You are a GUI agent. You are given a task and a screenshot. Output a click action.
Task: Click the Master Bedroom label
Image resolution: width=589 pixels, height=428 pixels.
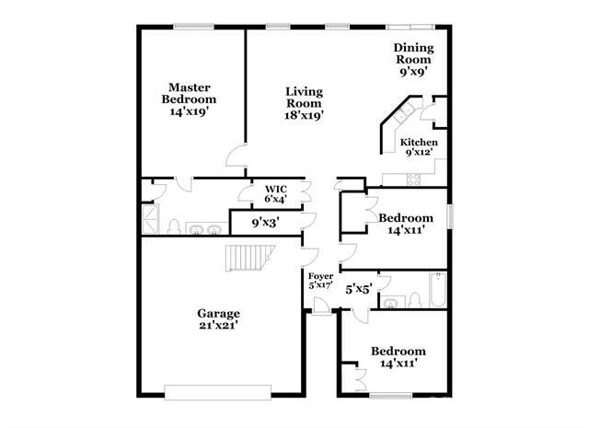189,93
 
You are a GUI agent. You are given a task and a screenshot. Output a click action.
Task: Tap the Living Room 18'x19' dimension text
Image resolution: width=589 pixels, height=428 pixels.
305,115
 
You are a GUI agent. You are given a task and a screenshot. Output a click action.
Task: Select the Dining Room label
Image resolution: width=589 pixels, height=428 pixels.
413,53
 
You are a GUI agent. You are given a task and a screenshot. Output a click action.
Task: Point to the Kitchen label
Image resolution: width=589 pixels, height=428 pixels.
419,143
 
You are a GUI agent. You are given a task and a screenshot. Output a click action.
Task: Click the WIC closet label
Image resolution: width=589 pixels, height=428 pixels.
276,189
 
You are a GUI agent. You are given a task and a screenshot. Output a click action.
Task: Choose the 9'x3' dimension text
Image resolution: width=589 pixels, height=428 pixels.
266,224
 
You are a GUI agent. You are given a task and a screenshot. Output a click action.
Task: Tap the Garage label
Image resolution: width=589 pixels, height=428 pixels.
219,313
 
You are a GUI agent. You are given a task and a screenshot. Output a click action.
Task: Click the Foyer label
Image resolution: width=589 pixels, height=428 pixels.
321,276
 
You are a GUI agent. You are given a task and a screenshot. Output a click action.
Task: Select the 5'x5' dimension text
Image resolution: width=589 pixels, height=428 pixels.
359,289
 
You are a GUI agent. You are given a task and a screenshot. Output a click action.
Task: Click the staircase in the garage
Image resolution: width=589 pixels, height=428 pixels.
249,258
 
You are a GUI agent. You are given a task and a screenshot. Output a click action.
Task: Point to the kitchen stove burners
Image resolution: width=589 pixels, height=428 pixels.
414,179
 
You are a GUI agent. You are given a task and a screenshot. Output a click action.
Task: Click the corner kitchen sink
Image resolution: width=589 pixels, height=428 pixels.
404,112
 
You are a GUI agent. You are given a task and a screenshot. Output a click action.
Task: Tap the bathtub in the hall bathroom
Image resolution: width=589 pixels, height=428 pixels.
438,290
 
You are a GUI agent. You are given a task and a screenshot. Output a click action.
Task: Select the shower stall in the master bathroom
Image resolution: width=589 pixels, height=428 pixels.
150,219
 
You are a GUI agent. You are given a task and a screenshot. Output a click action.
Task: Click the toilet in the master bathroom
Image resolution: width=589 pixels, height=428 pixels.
174,227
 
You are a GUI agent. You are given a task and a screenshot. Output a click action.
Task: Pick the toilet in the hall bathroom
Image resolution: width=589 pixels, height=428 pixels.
414,300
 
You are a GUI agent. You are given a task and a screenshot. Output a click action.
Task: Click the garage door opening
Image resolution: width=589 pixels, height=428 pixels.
218,392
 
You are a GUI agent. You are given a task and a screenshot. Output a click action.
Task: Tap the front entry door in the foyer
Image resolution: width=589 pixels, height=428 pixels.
321,306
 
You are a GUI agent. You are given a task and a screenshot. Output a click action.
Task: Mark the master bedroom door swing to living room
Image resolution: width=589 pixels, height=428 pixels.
236,156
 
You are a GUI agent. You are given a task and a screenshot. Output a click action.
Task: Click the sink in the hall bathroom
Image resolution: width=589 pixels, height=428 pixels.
392,303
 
